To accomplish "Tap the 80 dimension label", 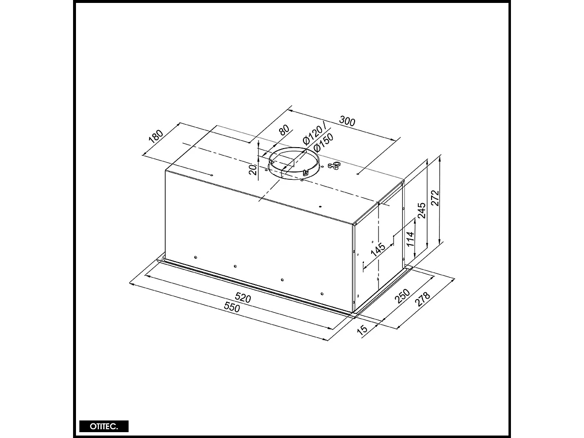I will point(283,131).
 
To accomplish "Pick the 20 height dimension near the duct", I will point(252,170).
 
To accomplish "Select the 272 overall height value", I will point(435,198).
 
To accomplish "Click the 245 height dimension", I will point(421,210).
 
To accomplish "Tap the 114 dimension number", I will point(410,239).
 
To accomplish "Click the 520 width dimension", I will point(243,297).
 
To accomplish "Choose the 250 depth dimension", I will point(402,296).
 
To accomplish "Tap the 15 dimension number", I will point(362,330).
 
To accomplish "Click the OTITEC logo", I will point(104,426).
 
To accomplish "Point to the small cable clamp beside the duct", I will point(334,167).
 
